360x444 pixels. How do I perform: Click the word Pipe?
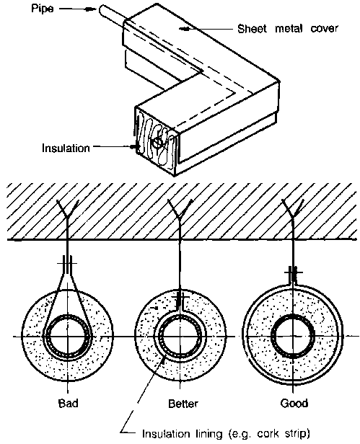(x=42, y=9)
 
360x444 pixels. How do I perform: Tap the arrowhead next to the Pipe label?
(x=91, y=9)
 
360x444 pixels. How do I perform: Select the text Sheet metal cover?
(x=287, y=29)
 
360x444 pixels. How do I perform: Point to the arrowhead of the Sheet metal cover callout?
(x=186, y=28)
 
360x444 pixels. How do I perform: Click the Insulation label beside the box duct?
(x=66, y=148)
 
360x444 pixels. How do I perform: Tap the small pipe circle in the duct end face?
(x=157, y=143)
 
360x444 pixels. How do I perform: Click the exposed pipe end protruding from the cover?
(x=112, y=13)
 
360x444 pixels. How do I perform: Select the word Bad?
(x=68, y=403)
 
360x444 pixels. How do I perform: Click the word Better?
(x=183, y=403)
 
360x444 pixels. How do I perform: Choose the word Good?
(x=294, y=403)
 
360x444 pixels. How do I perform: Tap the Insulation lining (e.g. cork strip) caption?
(x=226, y=433)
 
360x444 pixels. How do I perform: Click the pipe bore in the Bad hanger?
(x=68, y=337)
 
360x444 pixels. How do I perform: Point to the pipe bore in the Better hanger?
(x=180, y=337)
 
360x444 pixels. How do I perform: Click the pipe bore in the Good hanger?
(x=293, y=336)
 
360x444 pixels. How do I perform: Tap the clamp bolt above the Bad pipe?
(x=68, y=263)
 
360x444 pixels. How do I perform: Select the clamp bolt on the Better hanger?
(x=180, y=298)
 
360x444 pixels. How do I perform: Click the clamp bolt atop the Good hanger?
(x=293, y=272)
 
